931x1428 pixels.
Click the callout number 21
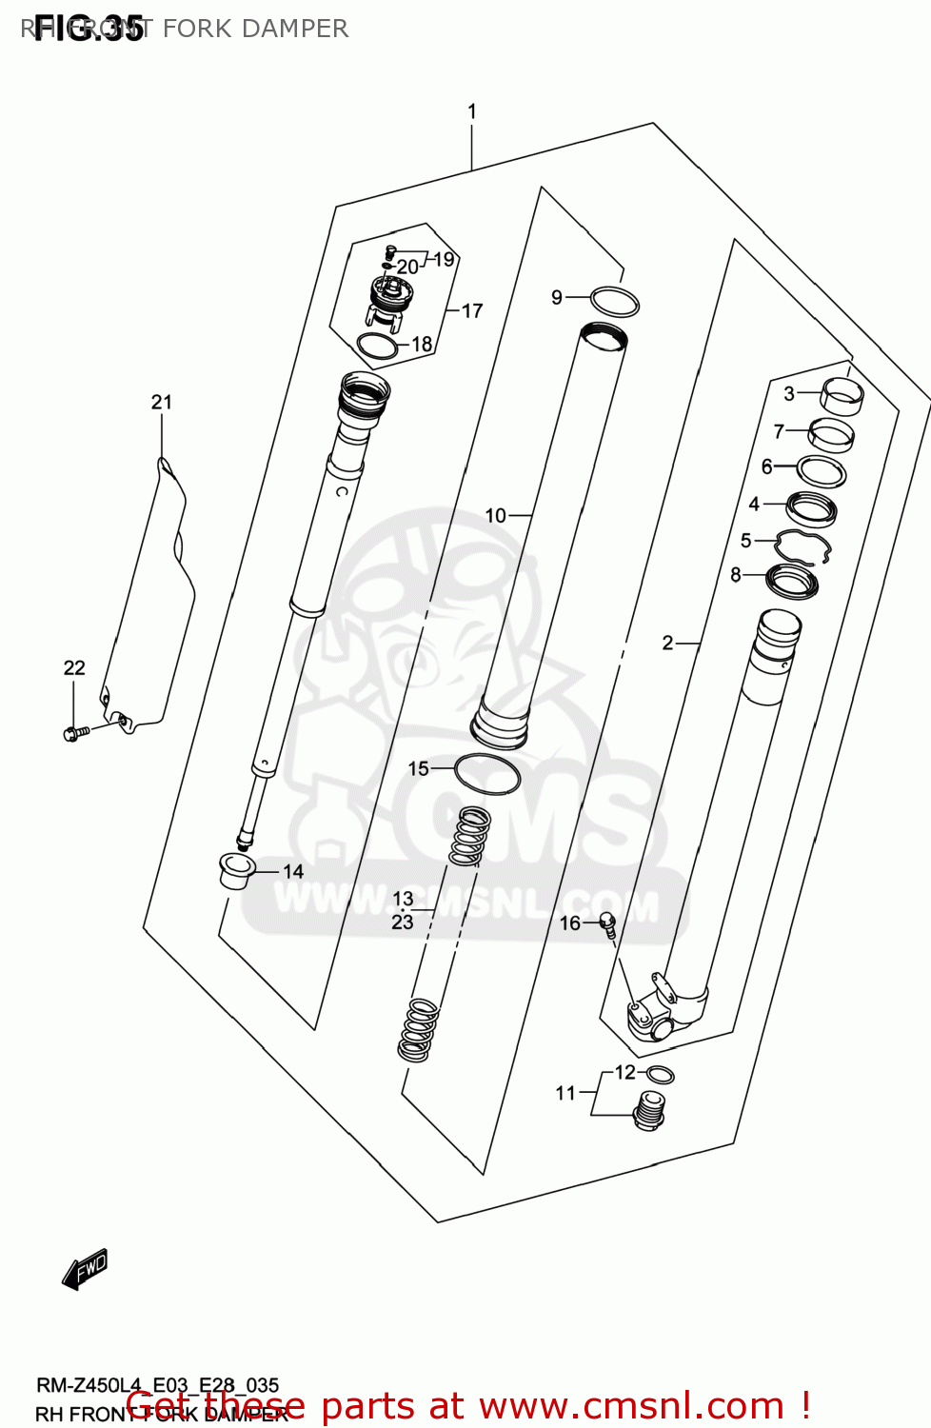(162, 402)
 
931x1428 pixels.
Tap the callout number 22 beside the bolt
(74, 668)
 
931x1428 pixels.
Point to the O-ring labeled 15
(487, 773)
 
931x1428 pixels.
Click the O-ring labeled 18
(377, 346)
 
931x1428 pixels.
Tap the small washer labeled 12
(660, 1076)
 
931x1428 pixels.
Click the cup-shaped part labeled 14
(235, 871)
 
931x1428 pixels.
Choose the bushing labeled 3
(842, 394)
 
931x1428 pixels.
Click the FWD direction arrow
(86, 1269)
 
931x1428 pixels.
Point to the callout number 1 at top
(472, 111)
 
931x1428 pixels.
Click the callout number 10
(495, 516)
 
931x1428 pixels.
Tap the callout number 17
(472, 310)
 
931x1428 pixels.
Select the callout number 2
(668, 644)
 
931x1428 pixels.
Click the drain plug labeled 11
(649, 1110)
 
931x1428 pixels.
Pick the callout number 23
(403, 922)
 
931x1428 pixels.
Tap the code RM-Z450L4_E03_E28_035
(158, 1385)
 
